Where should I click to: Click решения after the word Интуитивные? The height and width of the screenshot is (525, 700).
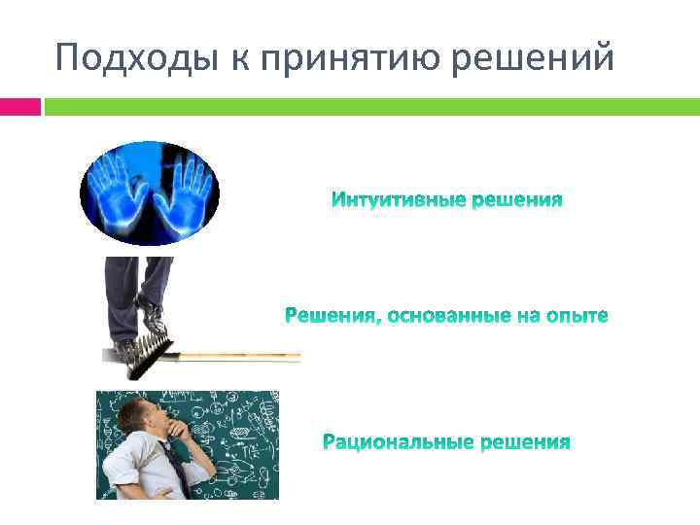(516, 201)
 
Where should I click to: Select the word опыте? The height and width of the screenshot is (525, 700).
(577, 317)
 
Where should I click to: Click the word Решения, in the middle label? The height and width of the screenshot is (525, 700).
(328, 317)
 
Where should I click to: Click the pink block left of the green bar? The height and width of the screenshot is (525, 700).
(20, 105)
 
